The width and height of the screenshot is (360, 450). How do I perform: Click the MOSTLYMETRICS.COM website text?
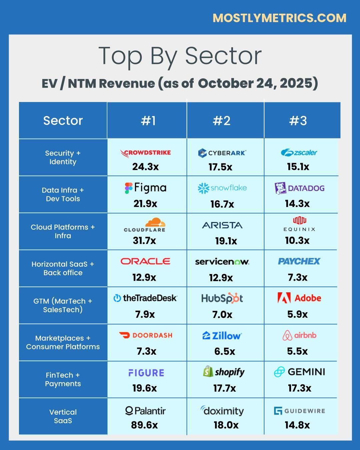pyautogui.click(x=279, y=18)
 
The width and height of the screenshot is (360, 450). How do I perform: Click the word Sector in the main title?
pyautogui.click(x=223, y=56)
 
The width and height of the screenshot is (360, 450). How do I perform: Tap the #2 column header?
pyautogui.click(x=222, y=121)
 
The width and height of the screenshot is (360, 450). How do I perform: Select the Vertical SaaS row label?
pyautogui.click(x=63, y=416)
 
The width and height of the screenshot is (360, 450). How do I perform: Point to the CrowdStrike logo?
pyautogui.click(x=146, y=153)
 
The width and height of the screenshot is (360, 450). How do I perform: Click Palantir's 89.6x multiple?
pyautogui.click(x=144, y=425)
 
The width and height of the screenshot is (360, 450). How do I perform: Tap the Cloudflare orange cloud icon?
pyautogui.click(x=155, y=222)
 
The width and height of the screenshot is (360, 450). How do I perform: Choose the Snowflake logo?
pyautogui.click(x=222, y=188)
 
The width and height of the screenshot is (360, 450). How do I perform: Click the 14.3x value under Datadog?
pyautogui.click(x=297, y=204)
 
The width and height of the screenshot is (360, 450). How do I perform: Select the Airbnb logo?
pyautogui.click(x=299, y=335)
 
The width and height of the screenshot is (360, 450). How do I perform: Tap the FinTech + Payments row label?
pyautogui.click(x=63, y=379)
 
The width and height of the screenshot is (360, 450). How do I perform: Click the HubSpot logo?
pyautogui.click(x=222, y=298)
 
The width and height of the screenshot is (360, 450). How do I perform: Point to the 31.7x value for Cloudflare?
pyautogui.click(x=144, y=240)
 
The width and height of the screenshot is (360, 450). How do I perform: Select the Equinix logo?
pyautogui.click(x=299, y=224)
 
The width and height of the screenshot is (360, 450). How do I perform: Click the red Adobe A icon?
pyautogui.click(x=284, y=298)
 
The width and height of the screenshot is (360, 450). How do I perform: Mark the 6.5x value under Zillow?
pyautogui.click(x=225, y=351)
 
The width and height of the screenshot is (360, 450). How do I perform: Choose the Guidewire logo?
pyautogui.click(x=299, y=411)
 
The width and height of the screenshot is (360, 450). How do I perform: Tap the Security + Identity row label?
pyautogui.click(x=63, y=157)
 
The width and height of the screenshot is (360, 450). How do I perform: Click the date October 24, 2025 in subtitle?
pyautogui.click(x=258, y=83)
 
